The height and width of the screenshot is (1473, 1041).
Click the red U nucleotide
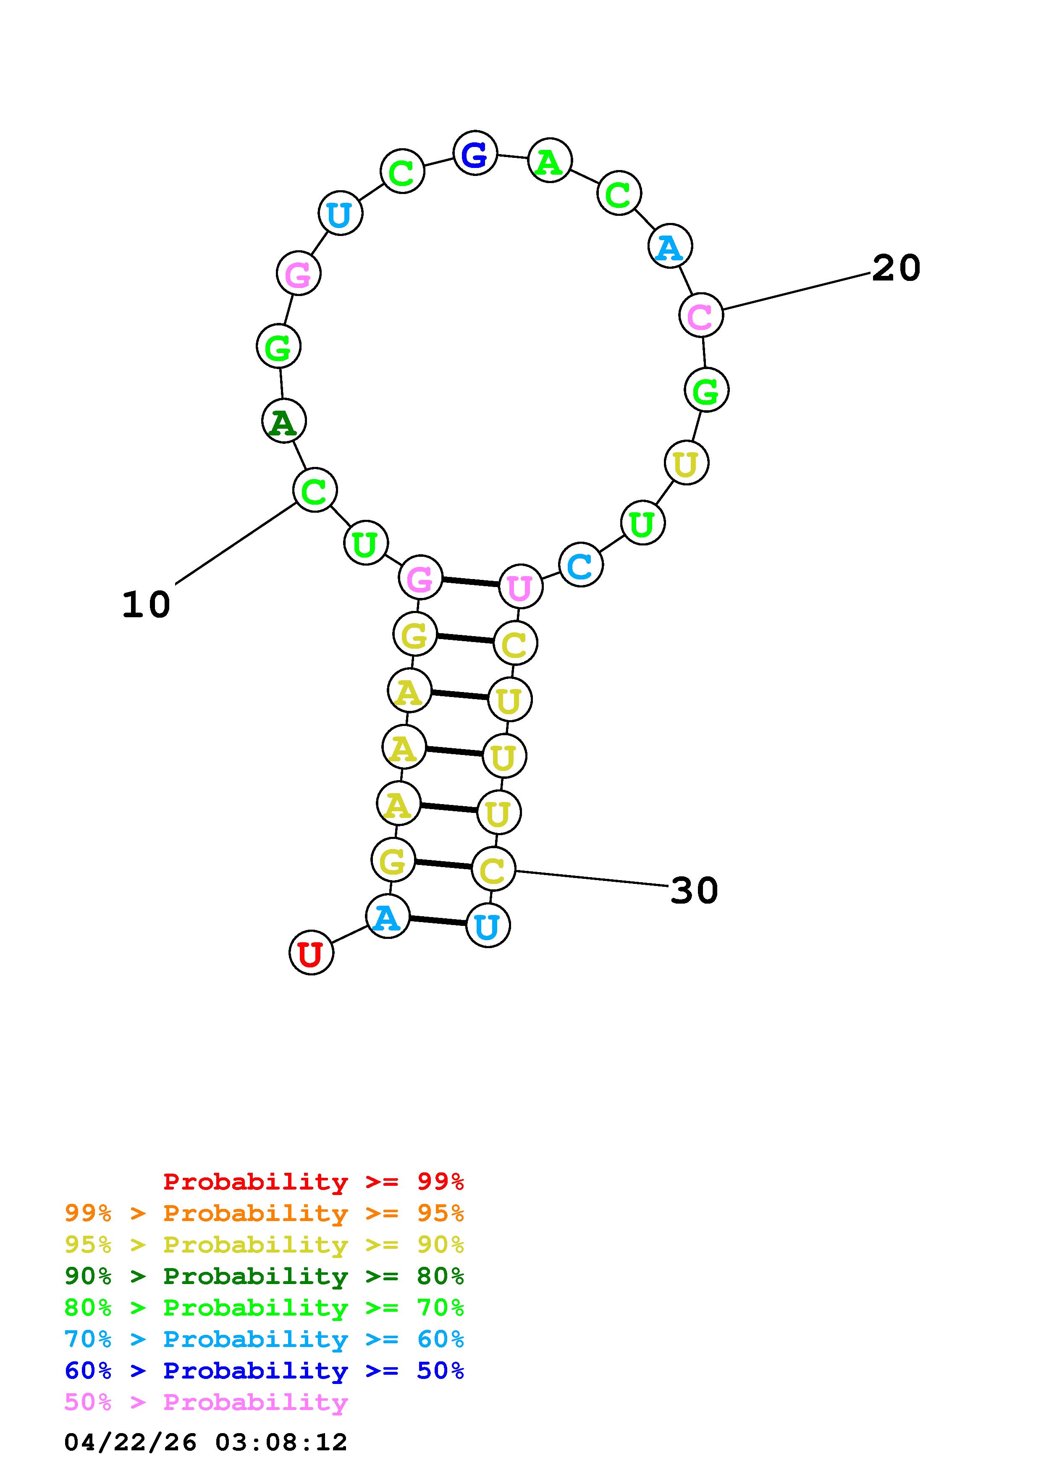pyautogui.click(x=311, y=953)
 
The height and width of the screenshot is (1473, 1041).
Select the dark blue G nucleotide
pyautogui.click(x=475, y=153)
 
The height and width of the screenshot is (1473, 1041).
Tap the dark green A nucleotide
pyautogui.click(x=283, y=421)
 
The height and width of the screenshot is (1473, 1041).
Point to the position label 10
pyautogui.click(x=146, y=604)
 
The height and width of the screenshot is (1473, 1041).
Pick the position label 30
pyautogui.click(x=694, y=891)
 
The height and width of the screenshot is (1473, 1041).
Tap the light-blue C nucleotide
pyautogui.click(x=580, y=565)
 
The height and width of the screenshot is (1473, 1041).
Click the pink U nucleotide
pyautogui.click(x=520, y=586)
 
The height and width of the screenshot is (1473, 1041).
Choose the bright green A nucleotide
pyautogui.click(x=550, y=160)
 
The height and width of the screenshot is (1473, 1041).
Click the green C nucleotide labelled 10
pyautogui.click(x=314, y=490)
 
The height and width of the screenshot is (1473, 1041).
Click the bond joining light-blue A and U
pyautogui.click(x=438, y=920)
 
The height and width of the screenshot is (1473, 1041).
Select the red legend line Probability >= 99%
pyautogui.click(x=314, y=1181)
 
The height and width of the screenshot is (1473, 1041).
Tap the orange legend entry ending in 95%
pyautogui.click(x=264, y=1213)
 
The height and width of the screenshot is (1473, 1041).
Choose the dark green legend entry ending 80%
pyautogui.click(x=264, y=1276)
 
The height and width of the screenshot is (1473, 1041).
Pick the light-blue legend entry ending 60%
pyautogui.click(x=264, y=1339)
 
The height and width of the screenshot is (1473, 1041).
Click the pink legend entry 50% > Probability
pyautogui.click(x=206, y=1402)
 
